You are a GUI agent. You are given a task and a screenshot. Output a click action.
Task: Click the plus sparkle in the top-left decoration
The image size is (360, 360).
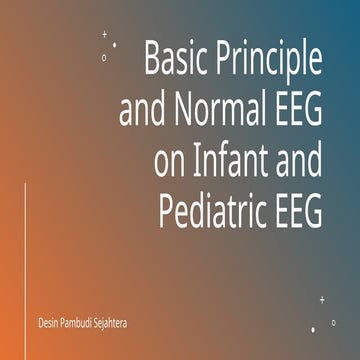(105, 34)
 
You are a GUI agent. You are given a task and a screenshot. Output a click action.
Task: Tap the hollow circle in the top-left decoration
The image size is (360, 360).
(104, 57)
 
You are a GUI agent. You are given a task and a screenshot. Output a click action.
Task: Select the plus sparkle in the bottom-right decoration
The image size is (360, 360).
(322, 299)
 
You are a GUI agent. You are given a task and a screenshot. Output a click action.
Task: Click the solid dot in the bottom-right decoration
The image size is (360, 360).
(313, 328)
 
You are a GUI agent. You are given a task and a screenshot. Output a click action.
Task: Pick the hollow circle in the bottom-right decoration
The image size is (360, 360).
(334, 322)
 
